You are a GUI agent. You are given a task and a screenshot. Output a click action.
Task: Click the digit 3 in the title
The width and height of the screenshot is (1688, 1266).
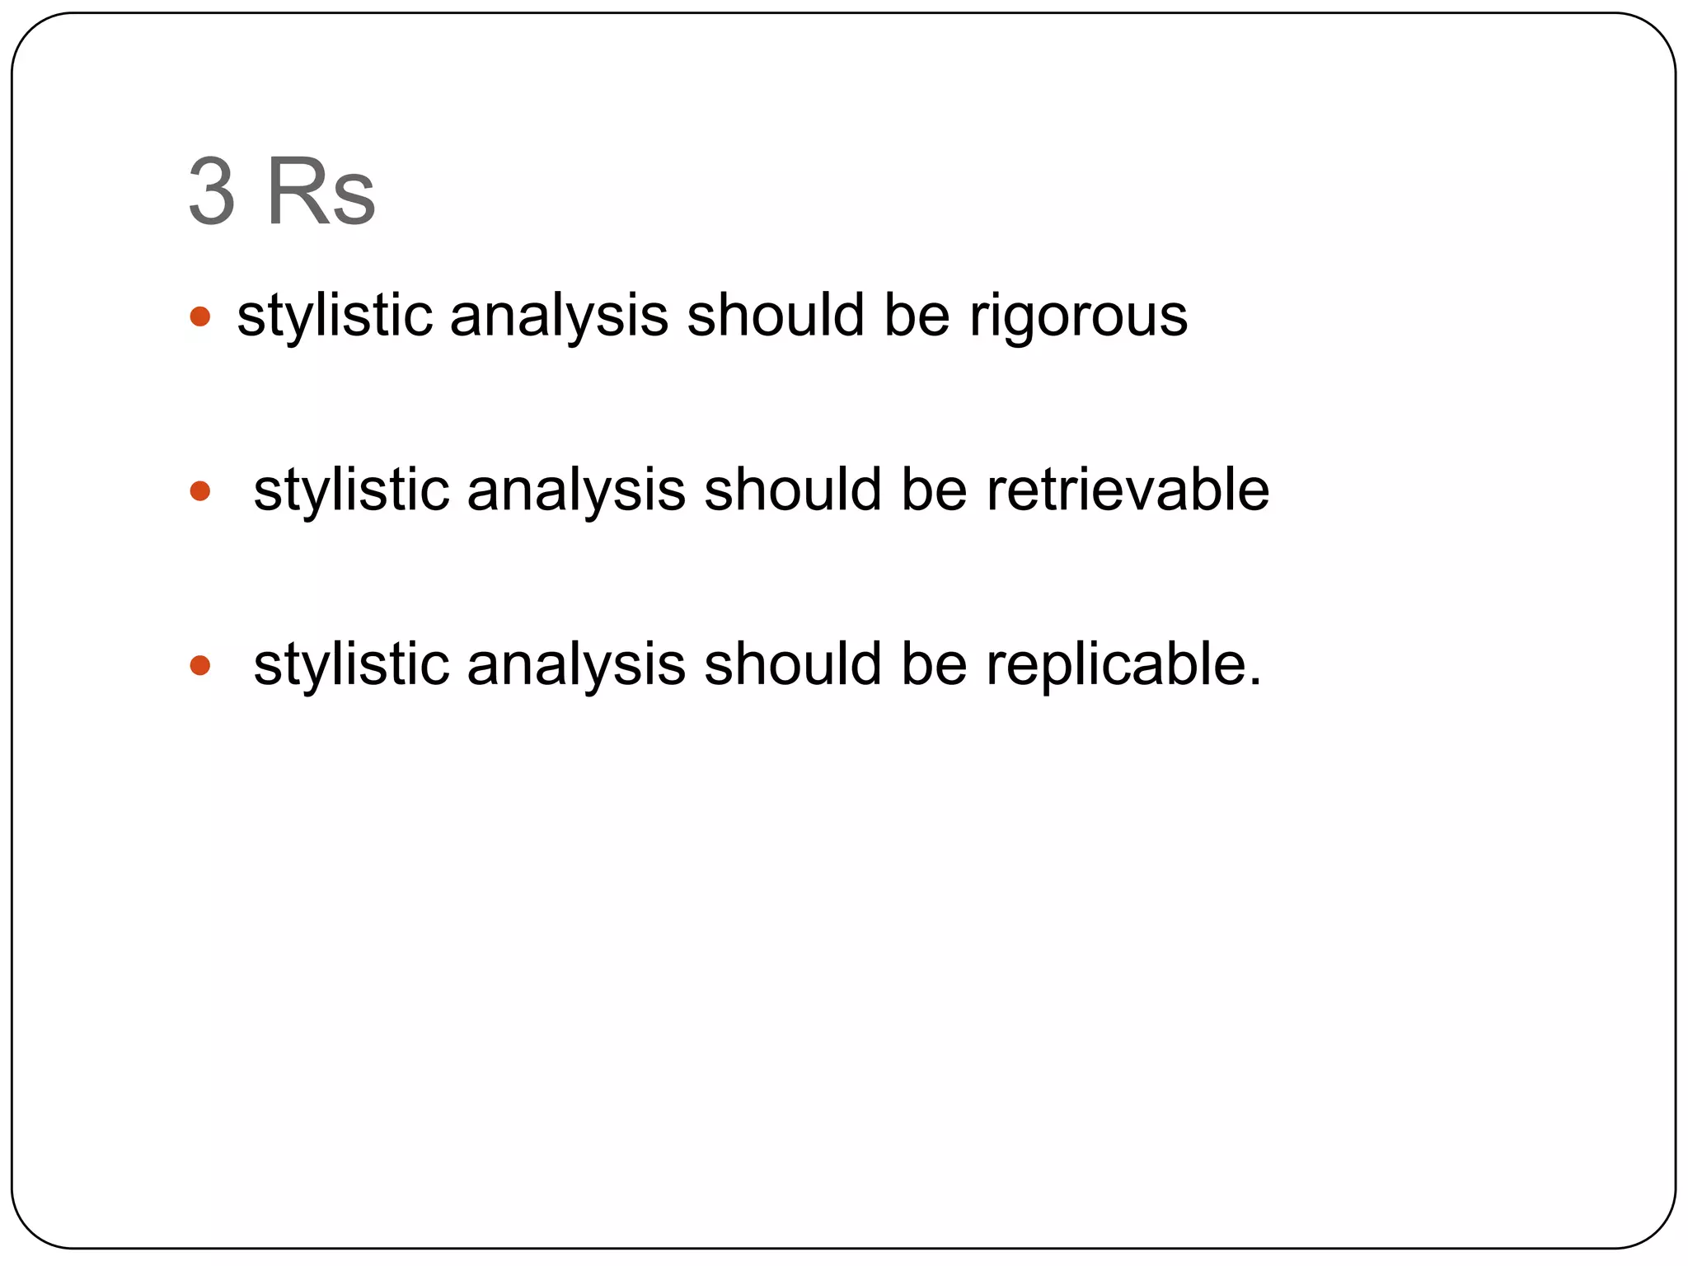click(x=212, y=192)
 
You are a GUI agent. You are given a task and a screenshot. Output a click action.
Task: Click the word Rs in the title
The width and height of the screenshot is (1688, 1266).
click(x=321, y=192)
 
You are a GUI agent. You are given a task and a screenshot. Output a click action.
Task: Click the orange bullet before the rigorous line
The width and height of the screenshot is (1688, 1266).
click(x=200, y=316)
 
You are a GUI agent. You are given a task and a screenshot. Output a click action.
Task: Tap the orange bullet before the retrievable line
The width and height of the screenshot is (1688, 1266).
click(x=200, y=491)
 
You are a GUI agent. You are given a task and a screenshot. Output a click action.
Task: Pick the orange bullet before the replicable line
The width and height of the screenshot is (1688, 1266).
click(x=200, y=665)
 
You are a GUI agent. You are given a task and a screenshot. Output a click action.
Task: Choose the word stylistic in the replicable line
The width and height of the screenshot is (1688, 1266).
click(x=351, y=664)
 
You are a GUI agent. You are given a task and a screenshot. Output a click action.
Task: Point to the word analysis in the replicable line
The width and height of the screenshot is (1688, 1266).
click(x=575, y=664)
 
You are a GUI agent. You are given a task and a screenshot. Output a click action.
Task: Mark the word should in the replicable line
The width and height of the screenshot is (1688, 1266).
click(x=792, y=664)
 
